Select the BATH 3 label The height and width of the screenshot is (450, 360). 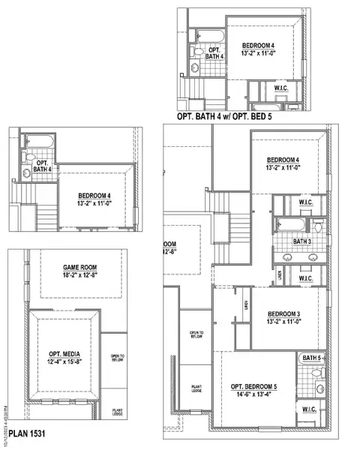pyautogui.click(x=302, y=241)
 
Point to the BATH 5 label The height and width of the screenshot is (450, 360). pyautogui.click(x=311, y=358)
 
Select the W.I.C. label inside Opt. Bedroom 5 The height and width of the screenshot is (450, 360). pyautogui.click(x=310, y=409)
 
